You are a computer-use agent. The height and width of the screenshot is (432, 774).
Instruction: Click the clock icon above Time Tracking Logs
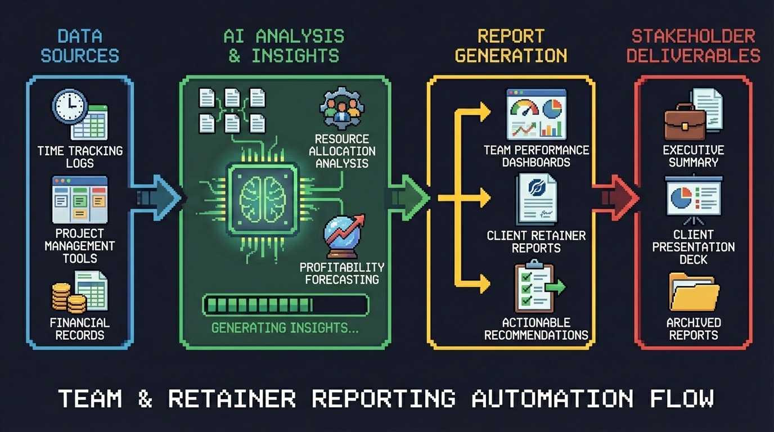(70, 106)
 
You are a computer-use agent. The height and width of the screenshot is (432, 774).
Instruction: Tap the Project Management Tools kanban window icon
(79, 200)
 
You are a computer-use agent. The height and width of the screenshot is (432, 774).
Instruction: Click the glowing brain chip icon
(262, 199)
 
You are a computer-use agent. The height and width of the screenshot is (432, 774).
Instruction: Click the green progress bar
(285, 305)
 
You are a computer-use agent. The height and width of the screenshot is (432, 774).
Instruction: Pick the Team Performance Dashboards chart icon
(536, 114)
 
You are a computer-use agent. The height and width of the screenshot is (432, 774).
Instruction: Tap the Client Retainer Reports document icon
(536, 199)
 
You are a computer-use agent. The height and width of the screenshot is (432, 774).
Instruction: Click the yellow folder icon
(694, 292)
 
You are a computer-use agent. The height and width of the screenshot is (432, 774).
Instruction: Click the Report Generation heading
(511, 46)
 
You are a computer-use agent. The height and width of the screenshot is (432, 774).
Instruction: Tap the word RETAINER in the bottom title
(232, 399)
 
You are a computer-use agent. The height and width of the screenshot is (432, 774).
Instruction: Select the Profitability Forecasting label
(341, 273)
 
